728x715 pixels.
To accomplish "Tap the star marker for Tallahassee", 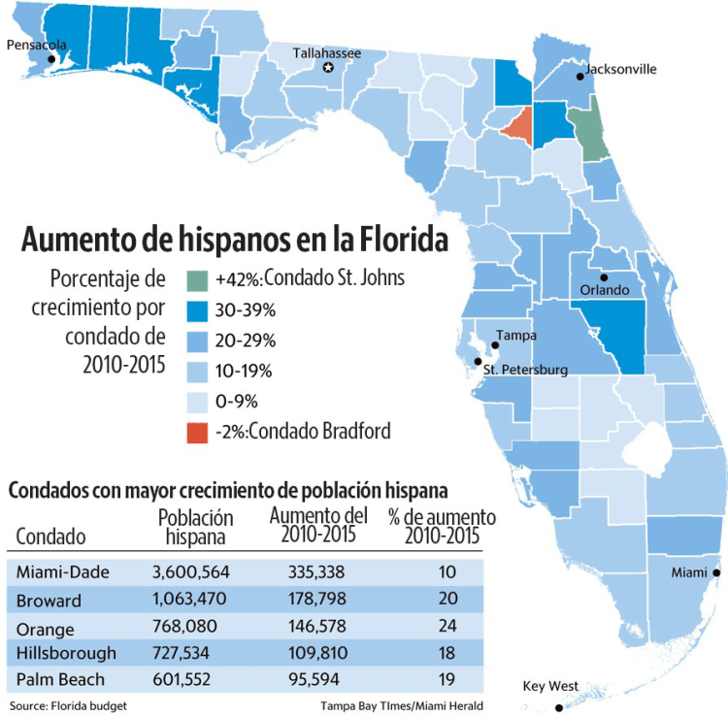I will [x=328, y=67].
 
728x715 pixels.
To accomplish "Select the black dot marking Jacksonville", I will [x=579, y=79].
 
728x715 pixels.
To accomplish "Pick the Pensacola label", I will [x=37, y=45].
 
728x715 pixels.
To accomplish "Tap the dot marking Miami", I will [x=716, y=572].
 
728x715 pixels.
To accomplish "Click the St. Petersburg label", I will [x=525, y=370].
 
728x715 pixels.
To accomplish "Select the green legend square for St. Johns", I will [x=196, y=280].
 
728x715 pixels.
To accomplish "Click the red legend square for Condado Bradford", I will [x=196, y=431].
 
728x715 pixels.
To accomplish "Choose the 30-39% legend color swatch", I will [x=196, y=310].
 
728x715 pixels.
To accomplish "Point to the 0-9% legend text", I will [x=237, y=401].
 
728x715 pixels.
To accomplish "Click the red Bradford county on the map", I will [x=519, y=124].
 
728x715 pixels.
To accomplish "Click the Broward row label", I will [x=50, y=600].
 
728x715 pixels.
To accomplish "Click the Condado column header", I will [x=51, y=536].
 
